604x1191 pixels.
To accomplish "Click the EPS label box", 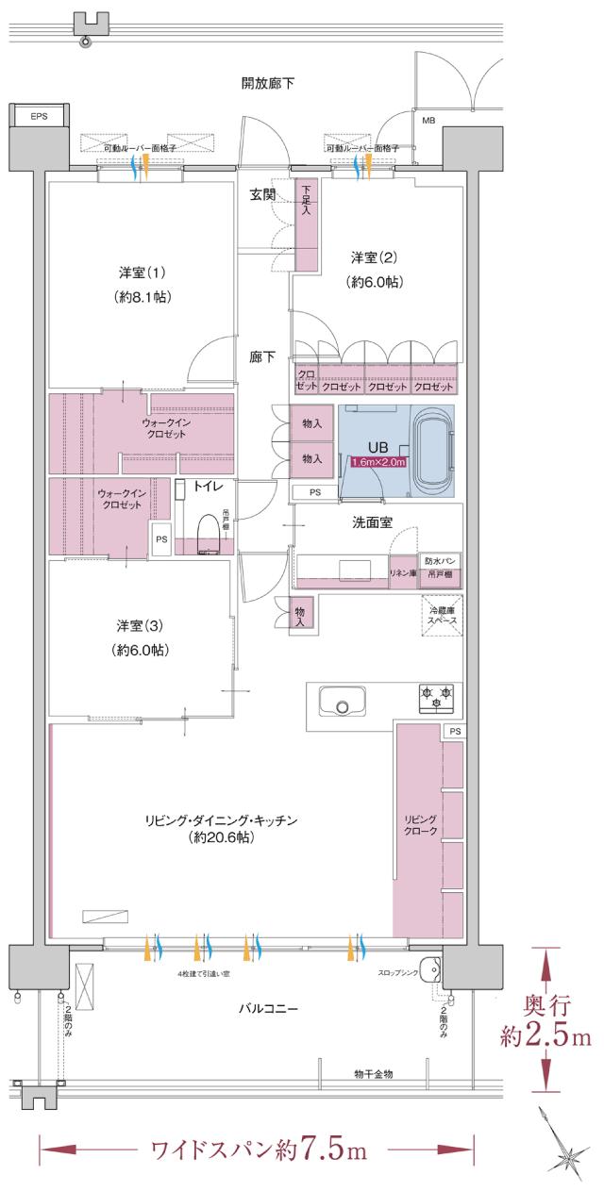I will (x=38, y=116).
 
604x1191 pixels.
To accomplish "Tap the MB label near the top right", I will (x=428, y=121).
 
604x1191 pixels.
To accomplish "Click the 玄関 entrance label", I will (x=262, y=195).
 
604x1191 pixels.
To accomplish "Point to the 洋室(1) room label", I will (x=143, y=273).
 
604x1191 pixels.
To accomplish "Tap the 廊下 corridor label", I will (x=262, y=357).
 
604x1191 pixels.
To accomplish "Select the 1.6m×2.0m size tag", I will (x=377, y=462).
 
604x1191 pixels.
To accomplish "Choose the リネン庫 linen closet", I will (x=403, y=572).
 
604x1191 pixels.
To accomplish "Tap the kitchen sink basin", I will (x=342, y=703).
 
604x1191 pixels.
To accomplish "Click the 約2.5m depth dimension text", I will (x=545, y=1037).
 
